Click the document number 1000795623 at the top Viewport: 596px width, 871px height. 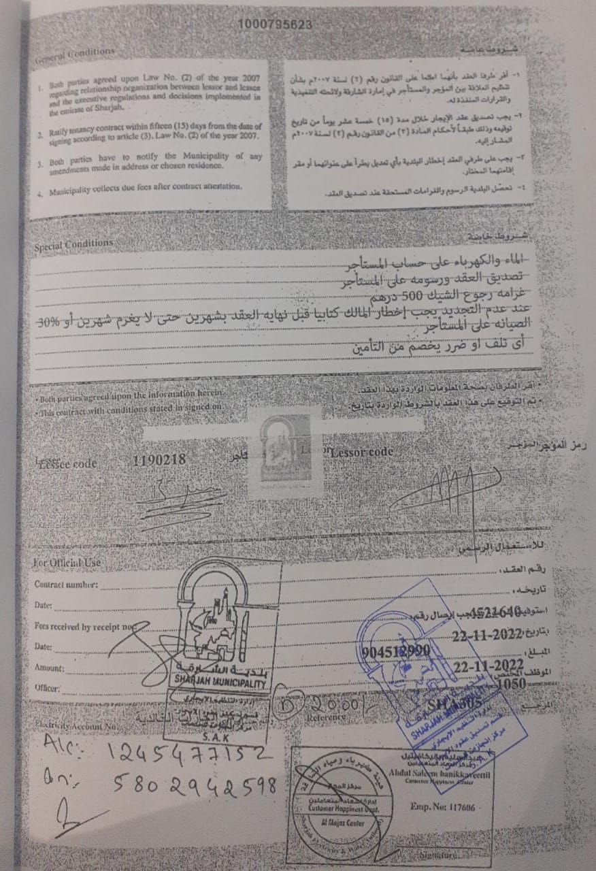point(275,24)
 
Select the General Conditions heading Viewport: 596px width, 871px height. point(75,55)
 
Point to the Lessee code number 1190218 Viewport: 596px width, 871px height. point(159,461)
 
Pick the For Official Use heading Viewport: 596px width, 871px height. point(67,563)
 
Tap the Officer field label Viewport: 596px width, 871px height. point(47,688)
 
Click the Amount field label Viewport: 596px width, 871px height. point(49,668)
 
